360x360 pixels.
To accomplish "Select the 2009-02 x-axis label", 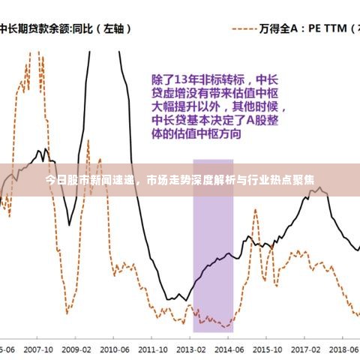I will coord(76,349).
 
